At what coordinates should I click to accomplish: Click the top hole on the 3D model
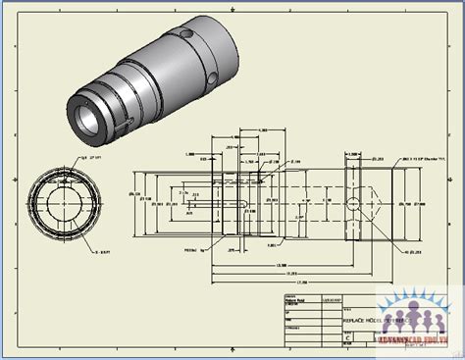pyautogui.click(x=186, y=34)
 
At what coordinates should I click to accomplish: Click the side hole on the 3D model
pyautogui.click(x=211, y=77)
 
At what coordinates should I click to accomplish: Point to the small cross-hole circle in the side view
pyautogui.click(x=353, y=204)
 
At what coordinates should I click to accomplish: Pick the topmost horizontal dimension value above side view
pyautogui.click(x=263, y=129)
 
